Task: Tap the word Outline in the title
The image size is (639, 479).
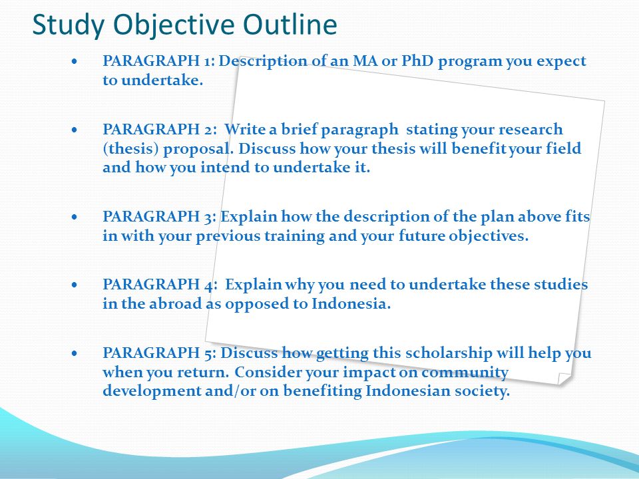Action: (290, 24)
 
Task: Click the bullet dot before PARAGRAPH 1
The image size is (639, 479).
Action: (74, 62)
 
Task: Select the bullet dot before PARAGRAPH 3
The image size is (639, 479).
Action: (74, 217)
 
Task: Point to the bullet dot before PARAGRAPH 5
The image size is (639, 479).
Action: (74, 353)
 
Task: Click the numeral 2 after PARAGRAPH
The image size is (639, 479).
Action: (208, 130)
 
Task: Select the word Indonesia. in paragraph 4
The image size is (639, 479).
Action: (351, 303)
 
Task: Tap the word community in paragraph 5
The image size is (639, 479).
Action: (465, 373)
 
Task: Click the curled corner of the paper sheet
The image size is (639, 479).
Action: (564, 379)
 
